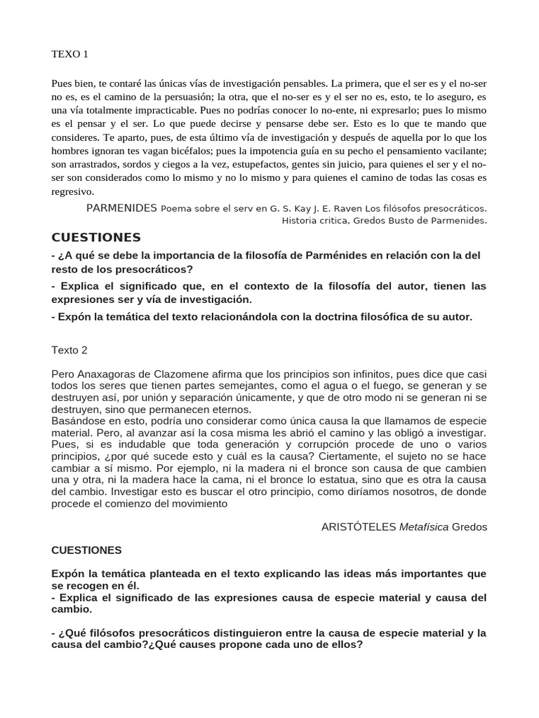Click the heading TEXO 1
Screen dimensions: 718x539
click(x=70, y=53)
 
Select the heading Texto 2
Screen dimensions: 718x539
click(x=69, y=350)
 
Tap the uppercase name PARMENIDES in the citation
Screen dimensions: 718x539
click(x=121, y=208)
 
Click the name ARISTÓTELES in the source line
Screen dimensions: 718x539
click(x=359, y=526)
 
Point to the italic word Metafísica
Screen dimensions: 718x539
click(x=424, y=526)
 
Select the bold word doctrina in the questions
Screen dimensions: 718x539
click(x=350, y=317)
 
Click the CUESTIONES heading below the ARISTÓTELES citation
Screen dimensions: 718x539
click(x=86, y=550)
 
